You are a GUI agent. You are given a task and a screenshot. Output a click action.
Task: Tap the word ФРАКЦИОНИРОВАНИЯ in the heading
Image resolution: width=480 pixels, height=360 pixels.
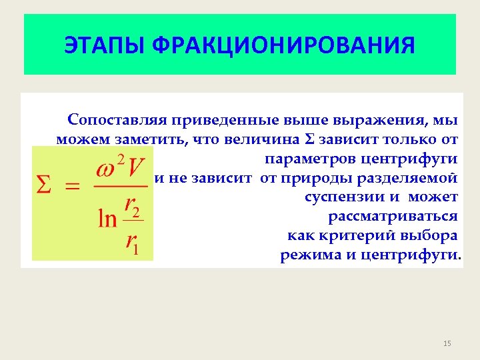[x=283, y=46]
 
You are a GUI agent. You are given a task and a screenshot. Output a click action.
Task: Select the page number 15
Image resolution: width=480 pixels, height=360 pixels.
[x=447, y=343]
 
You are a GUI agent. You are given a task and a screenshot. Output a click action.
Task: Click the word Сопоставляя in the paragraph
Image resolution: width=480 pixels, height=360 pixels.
[x=116, y=121]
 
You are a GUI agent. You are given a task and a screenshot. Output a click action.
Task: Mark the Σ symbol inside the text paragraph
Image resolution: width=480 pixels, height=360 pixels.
[x=309, y=140]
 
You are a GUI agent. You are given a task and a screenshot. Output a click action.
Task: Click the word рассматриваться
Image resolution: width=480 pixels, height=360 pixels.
[x=393, y=217]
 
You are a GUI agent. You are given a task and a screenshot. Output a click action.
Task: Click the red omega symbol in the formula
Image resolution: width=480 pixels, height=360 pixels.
[x=108, y=168]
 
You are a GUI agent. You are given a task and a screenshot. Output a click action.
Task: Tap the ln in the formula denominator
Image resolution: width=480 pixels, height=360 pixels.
[x=107, y=219]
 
